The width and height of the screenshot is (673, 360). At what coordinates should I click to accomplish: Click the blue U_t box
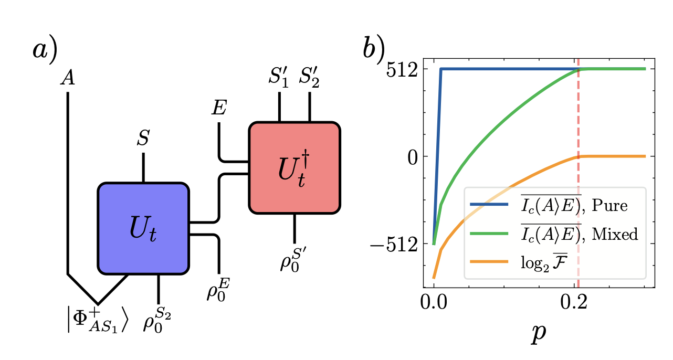(143, 228)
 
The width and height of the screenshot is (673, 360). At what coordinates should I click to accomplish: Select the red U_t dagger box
(295, 168)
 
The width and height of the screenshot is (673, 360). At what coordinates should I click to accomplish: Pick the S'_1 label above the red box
(279, 80)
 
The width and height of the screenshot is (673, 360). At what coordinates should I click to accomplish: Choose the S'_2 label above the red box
(309, 80)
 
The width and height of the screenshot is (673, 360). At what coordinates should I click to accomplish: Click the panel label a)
(44, 51)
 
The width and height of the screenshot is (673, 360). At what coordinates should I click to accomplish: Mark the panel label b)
(373, 51)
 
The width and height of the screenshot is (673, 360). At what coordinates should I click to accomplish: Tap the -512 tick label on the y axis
(398, 244)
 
